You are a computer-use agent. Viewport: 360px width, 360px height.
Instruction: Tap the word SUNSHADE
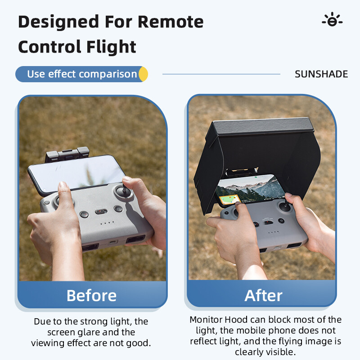tap(321, 74)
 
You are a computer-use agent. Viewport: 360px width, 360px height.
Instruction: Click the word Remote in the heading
tap(171, 22)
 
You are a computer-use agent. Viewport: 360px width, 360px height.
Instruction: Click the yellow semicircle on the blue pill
tap(144, 74)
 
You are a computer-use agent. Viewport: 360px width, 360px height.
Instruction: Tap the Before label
tap(91, 295)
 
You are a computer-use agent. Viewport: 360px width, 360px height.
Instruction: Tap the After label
tap(263, 295)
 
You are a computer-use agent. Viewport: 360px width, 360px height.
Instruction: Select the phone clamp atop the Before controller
tap(67, 154)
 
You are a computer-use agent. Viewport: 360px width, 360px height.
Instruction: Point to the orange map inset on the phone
tap(229, 199)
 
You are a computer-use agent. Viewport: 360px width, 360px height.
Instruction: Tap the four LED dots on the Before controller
tap(107, 223)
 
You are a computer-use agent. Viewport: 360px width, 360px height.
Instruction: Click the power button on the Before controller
tap(118, 209)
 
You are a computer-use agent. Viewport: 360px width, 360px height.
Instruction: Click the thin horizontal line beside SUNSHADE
tap(221, 74)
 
